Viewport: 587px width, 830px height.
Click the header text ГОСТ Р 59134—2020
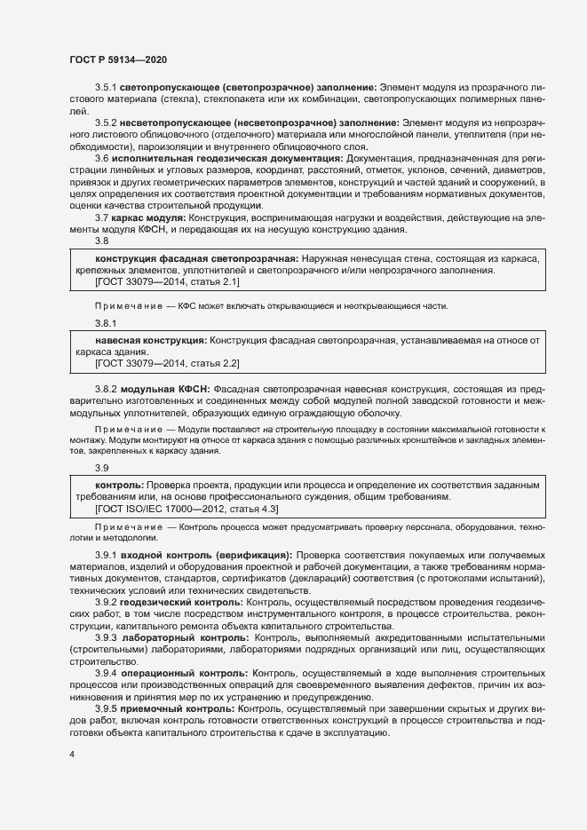point(117,59)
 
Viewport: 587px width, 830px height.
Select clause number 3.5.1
point(107,88)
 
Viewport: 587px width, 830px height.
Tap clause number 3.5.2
point(107,122)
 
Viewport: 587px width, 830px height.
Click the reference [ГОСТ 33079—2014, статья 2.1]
point(167,282)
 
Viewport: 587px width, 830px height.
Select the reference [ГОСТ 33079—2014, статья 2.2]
point(167,364)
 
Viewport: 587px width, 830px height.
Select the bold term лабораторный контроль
point(186,638)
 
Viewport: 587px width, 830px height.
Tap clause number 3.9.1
point(107,555)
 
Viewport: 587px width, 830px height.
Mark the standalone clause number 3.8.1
point(106,324)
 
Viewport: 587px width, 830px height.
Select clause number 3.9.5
point(107,710)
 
